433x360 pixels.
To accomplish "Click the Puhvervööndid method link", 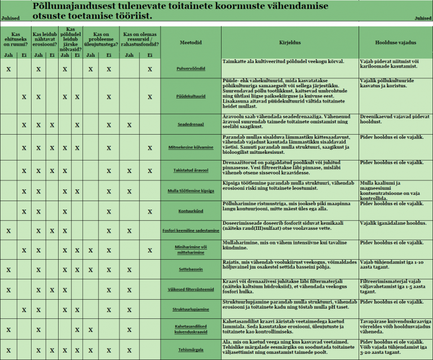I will coord(191,69).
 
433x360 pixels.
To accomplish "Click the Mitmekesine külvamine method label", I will coord(191,148).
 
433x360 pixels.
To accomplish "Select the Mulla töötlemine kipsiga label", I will coord(191,191).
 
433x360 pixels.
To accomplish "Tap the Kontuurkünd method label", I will coord(191,211).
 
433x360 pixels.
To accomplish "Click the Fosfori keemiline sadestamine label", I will coord(191,230).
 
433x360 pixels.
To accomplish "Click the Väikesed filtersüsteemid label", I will coord(191,290).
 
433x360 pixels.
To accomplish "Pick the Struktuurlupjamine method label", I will coord(191,309).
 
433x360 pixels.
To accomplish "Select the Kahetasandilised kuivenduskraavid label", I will coord(191,328).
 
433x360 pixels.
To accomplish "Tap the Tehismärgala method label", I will coord(191,349).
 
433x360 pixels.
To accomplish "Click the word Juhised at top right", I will coord(423,18).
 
